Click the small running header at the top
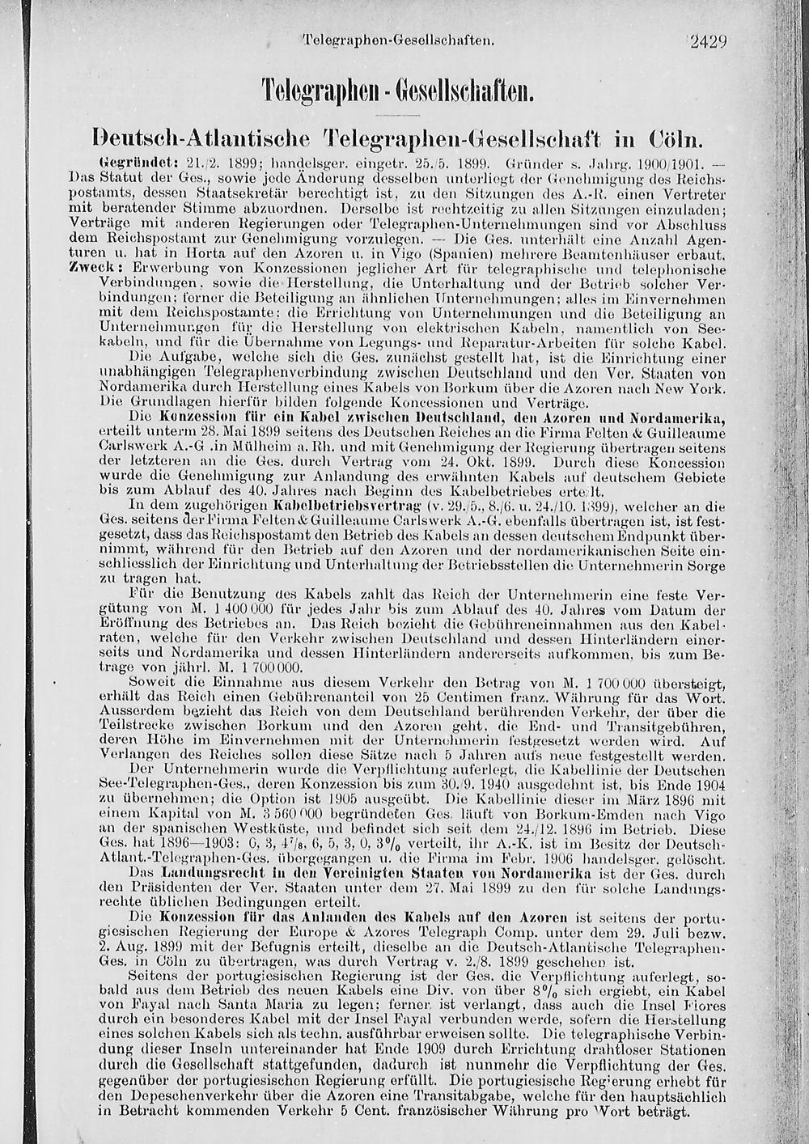[397, 39]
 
